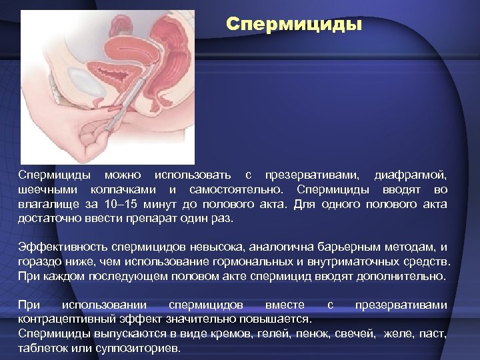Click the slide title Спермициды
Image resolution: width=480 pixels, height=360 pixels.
coord(294,25)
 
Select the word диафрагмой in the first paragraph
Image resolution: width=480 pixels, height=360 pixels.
coord(410,175)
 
